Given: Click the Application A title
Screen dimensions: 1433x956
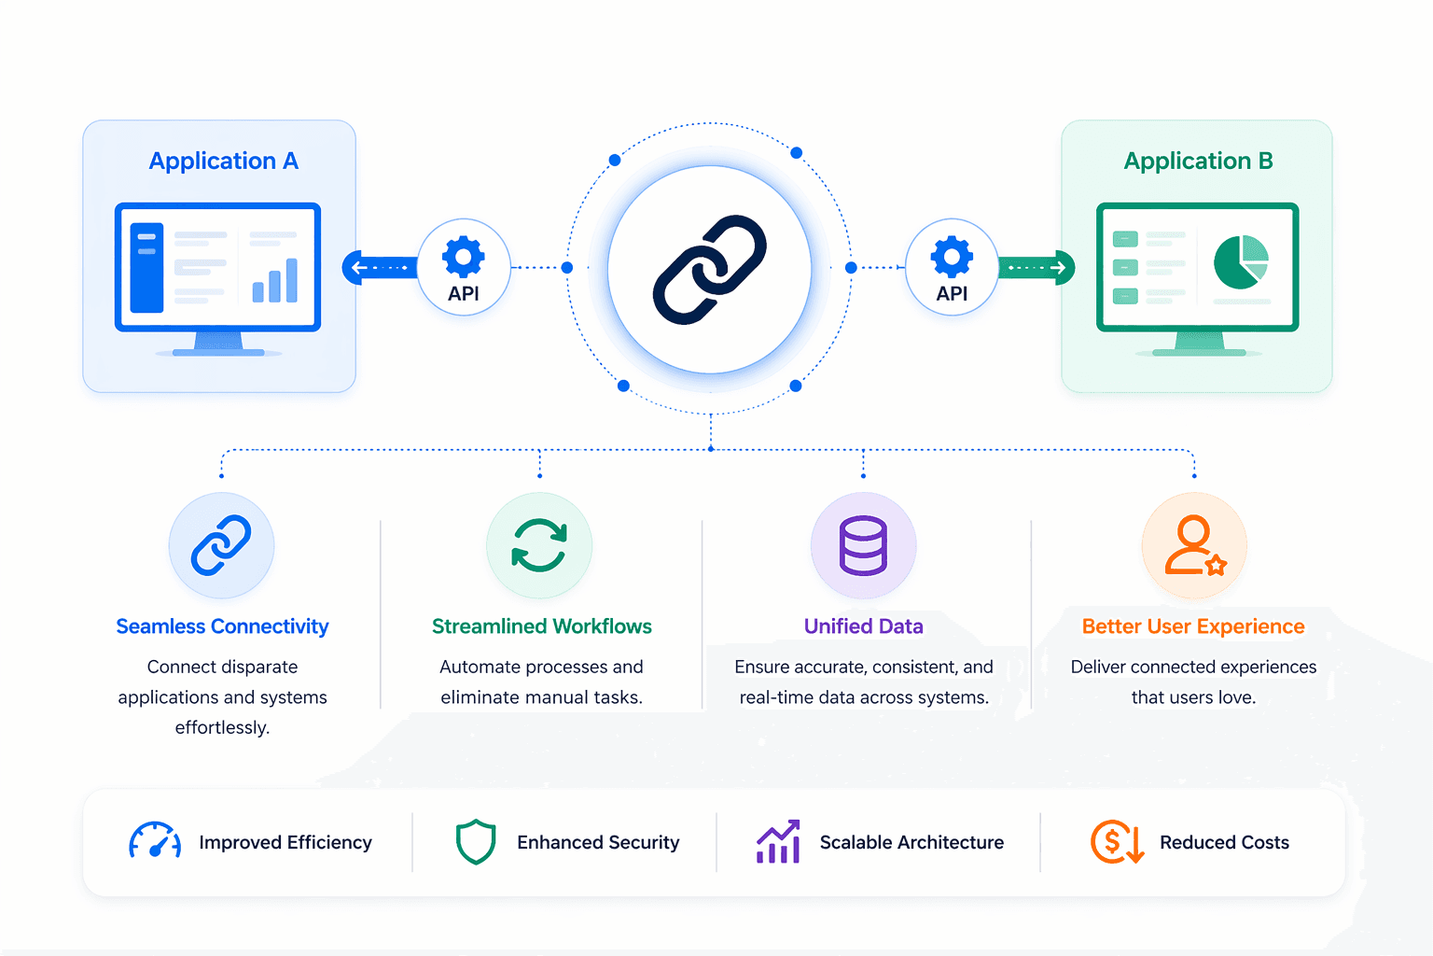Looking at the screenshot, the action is coord(223,161).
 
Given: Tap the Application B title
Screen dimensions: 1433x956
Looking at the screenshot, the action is coord(1198,161).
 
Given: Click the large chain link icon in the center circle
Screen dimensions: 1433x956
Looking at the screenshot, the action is coord(709,269).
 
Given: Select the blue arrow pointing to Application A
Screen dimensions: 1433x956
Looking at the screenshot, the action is coord(380,267).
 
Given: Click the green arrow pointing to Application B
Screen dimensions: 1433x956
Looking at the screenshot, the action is coord(1036,267).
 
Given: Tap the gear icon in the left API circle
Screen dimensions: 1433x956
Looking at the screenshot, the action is coord(463,257).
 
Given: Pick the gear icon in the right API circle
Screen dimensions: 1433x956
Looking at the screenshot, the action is coord(952,257).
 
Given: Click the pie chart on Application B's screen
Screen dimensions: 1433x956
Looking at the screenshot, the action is coord(1241,262).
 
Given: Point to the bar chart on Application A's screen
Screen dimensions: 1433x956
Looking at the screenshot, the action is coord(275,280).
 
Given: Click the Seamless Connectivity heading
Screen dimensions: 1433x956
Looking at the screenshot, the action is coord(222,626).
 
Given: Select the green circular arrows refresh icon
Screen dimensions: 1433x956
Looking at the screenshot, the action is coord(539,545).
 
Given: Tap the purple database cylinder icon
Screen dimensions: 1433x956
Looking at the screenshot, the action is coord(863,545).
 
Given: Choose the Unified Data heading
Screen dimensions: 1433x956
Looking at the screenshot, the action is coord(863,626).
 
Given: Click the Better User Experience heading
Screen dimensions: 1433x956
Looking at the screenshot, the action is coord(1193,626).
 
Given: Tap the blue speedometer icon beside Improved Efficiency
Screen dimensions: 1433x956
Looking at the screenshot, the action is coord(155,839).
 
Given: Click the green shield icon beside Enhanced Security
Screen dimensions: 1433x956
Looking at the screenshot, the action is coord(476,841).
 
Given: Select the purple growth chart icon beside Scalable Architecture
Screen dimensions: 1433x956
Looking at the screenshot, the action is coord(779,841).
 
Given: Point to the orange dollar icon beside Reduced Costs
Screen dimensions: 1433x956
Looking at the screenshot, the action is coord(1117,841).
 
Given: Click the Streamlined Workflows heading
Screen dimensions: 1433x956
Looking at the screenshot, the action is coord(542,626).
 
